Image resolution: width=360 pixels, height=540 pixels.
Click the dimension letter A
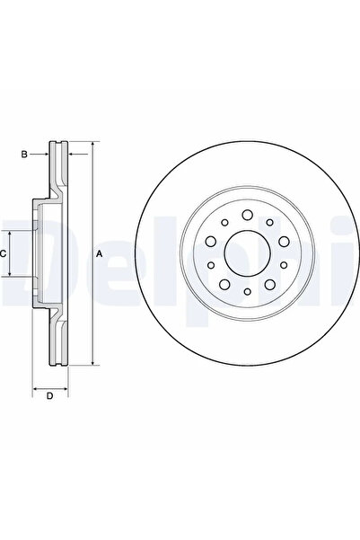(99, 254)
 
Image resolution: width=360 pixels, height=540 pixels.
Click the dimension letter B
(24, 155)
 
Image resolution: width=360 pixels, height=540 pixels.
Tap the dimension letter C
(4, 254)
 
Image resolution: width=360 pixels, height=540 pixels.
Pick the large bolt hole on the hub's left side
(209, 240)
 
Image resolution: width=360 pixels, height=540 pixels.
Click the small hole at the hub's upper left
(224, 224)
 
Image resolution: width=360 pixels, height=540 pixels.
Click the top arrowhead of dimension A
(92, 146)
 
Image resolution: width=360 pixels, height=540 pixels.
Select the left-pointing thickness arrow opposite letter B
(75, 155)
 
